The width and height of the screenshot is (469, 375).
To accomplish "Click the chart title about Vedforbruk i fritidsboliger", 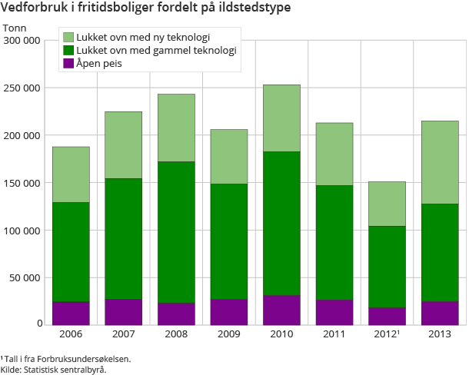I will [x=146, y=9].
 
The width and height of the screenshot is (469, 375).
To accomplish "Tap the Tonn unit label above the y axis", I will [x=15, y=28].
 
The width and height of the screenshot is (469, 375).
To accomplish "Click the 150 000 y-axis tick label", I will [x=22, y=183].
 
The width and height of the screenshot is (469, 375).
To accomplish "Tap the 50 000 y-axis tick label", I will [x=25, y=277].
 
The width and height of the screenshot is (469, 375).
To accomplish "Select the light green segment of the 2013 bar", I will [x=440, y=162].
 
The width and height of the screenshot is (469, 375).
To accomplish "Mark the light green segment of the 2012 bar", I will [x=387, y=204].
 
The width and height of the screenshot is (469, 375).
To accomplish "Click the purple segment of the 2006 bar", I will [x=71, y=313].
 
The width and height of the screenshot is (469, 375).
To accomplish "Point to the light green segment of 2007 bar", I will [x=124, y=144].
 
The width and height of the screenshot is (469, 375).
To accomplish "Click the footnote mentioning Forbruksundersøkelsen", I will [x=65, y=358].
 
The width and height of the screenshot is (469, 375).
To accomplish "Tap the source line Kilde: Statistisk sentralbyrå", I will [x=53, y=369].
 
